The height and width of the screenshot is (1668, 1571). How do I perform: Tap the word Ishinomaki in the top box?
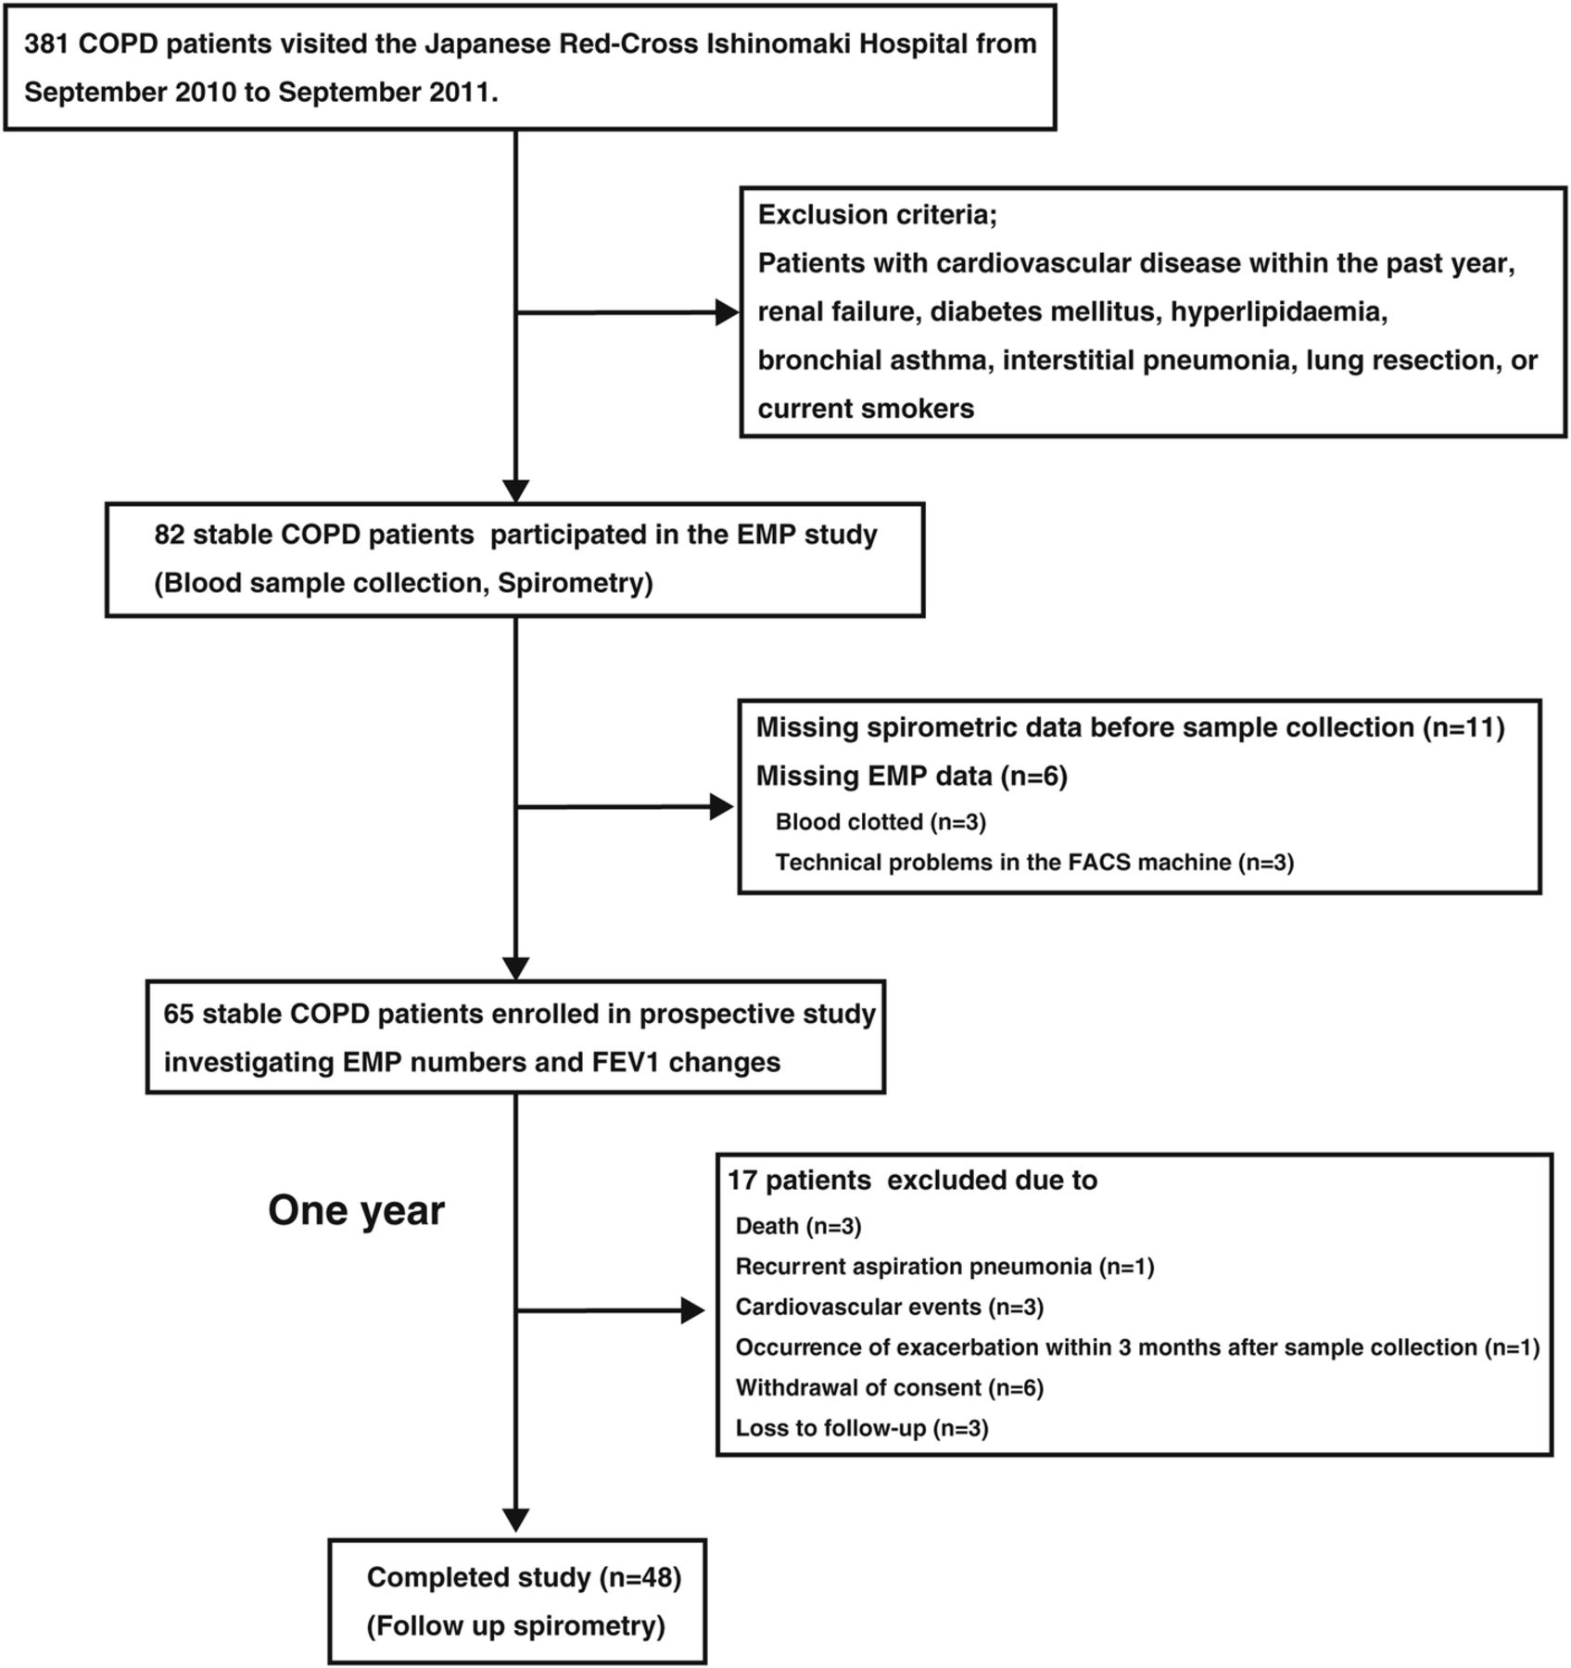coord(785,44)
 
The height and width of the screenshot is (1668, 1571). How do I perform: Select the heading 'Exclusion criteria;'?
coord(877,215)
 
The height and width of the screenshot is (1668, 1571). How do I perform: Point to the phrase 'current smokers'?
coord(866,409)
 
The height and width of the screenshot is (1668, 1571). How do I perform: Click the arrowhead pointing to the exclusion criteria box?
coord(728,313)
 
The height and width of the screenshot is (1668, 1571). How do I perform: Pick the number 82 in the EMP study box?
coord(170,536)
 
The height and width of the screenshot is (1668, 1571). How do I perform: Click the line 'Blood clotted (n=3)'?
coord(881,822)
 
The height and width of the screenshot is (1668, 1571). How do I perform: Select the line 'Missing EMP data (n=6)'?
coord(912,776)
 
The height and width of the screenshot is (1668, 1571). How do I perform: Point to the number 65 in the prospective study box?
coord(179,1014)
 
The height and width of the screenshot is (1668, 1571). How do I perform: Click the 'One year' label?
coord(357,1211)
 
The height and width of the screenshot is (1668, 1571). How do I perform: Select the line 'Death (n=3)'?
coord(798,1227)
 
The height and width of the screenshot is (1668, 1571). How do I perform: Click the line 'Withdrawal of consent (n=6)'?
coord(890,1388)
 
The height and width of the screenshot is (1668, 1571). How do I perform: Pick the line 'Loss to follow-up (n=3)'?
coord(862,1429)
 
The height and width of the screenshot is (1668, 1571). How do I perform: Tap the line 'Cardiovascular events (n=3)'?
coord(890,1308)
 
